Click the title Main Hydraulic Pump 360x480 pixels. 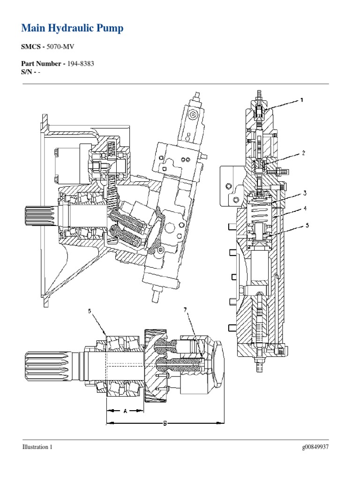pyautogui.click(x=73, y=29)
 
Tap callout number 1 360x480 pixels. pyautogui.click(x=302, y=100)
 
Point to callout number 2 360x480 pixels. pyautogui.click(x=303, y=153)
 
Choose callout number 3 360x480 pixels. pyautogui.click(x=305, y=193)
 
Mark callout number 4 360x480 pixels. pyautogui.click(x=305, y=208)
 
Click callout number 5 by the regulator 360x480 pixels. pyautogui.click(x=307, y=225)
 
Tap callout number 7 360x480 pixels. pyautogui.click(x=185, y=310)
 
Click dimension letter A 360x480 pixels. pyautogui.click(x=125, y=411)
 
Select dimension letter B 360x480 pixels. pyautogui.click(x=165, y=423)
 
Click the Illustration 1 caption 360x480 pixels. pyautogui.click(x=37, y=447)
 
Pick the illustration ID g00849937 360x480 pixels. pyautogui.click(x=315, y=447)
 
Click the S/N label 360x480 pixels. pyautogui.click(x=28, y=71)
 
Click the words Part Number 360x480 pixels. pyautogui.click(x=42, y=64)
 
